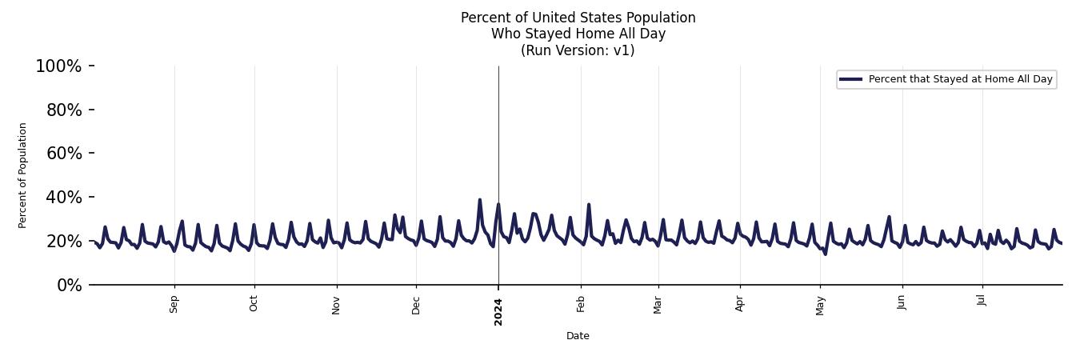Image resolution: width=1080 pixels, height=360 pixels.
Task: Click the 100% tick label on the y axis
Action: pyautogui.click(x=58, y=66)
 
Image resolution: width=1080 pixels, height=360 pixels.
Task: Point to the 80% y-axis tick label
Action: pyautogui.click(x=64, y=110)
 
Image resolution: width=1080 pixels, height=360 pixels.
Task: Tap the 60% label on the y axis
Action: pyautogui.click(x=64, y=154)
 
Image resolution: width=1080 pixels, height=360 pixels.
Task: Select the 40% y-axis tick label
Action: pyautogui.click(x=64, y=198)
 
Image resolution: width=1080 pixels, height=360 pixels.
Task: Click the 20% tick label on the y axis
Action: pyautogui.click(x=64, y=242)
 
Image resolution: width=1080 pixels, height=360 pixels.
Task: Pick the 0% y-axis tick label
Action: pyautogui.click(x=69, y=286)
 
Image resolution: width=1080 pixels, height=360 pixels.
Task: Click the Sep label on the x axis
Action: pyautogui.click(x=174, y=305)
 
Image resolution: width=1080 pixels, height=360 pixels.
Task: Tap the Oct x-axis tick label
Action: pyautogui.click(x=254, y=304)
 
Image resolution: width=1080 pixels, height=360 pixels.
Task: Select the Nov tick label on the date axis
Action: pyautogui.click(x=337, y=305)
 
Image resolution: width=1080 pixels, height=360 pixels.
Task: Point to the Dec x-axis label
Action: pyautogui.click(x=416, y=305)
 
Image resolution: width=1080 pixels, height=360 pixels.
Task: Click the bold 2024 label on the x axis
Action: pyautogui.click(x=498, y=310)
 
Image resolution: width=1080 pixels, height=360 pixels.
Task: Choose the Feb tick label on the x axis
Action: pyautogui.click(x=581, y=304)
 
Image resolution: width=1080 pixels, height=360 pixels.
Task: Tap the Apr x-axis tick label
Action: pyautogui.click(x=740, y=304)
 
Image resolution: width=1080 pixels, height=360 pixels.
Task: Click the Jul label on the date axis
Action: pyautogui.click(x=982, y=301)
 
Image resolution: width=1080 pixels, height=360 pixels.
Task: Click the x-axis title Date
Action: pyautogui.click(x=578, y=336)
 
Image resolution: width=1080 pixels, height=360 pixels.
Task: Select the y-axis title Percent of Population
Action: pyautogui.click(x=23, y=175)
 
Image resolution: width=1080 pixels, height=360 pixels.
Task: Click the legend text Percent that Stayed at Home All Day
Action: pyautogui.click(x=960, y=79)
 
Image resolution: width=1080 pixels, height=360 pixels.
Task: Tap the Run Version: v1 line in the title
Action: pyautogui.click(x=578, y=50)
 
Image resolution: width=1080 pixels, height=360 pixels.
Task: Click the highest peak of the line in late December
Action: pyautogui.click(x=480, y=200)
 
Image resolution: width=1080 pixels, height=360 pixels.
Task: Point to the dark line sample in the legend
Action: pyautogui.click(x=851, y=79)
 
